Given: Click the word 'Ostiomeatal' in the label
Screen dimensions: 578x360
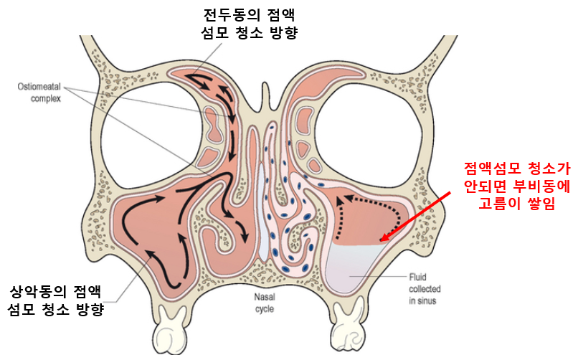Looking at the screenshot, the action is pyautogui.click(x=39, y=87).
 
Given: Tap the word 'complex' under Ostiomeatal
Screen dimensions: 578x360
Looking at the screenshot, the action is pyautogui.click(x=46, y=99).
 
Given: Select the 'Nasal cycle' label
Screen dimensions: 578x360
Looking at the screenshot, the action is pyautogui.click(x=265, y=303).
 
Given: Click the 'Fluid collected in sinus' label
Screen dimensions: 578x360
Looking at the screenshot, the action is pyautogui.click(x=425, y=289).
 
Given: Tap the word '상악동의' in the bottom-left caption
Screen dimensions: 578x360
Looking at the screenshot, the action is pyautogui.click(x=37, y=291).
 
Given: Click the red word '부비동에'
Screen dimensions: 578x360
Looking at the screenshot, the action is pyautogui.click(x=541, y=186).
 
